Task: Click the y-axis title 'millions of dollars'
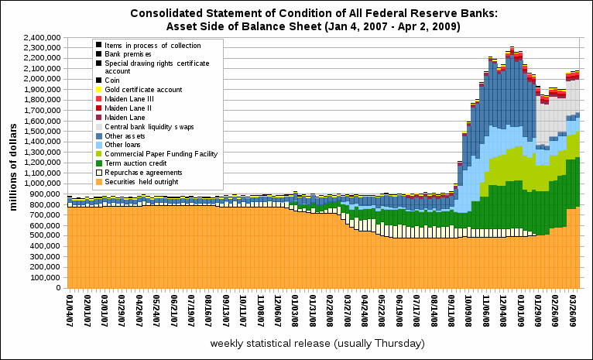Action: tap(13, 162)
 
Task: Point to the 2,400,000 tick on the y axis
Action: tap(43, 37)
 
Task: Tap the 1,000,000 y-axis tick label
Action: tap(43, 183)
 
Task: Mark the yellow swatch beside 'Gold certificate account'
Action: tap(98, 89)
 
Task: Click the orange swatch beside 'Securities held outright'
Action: tap(98, 182)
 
